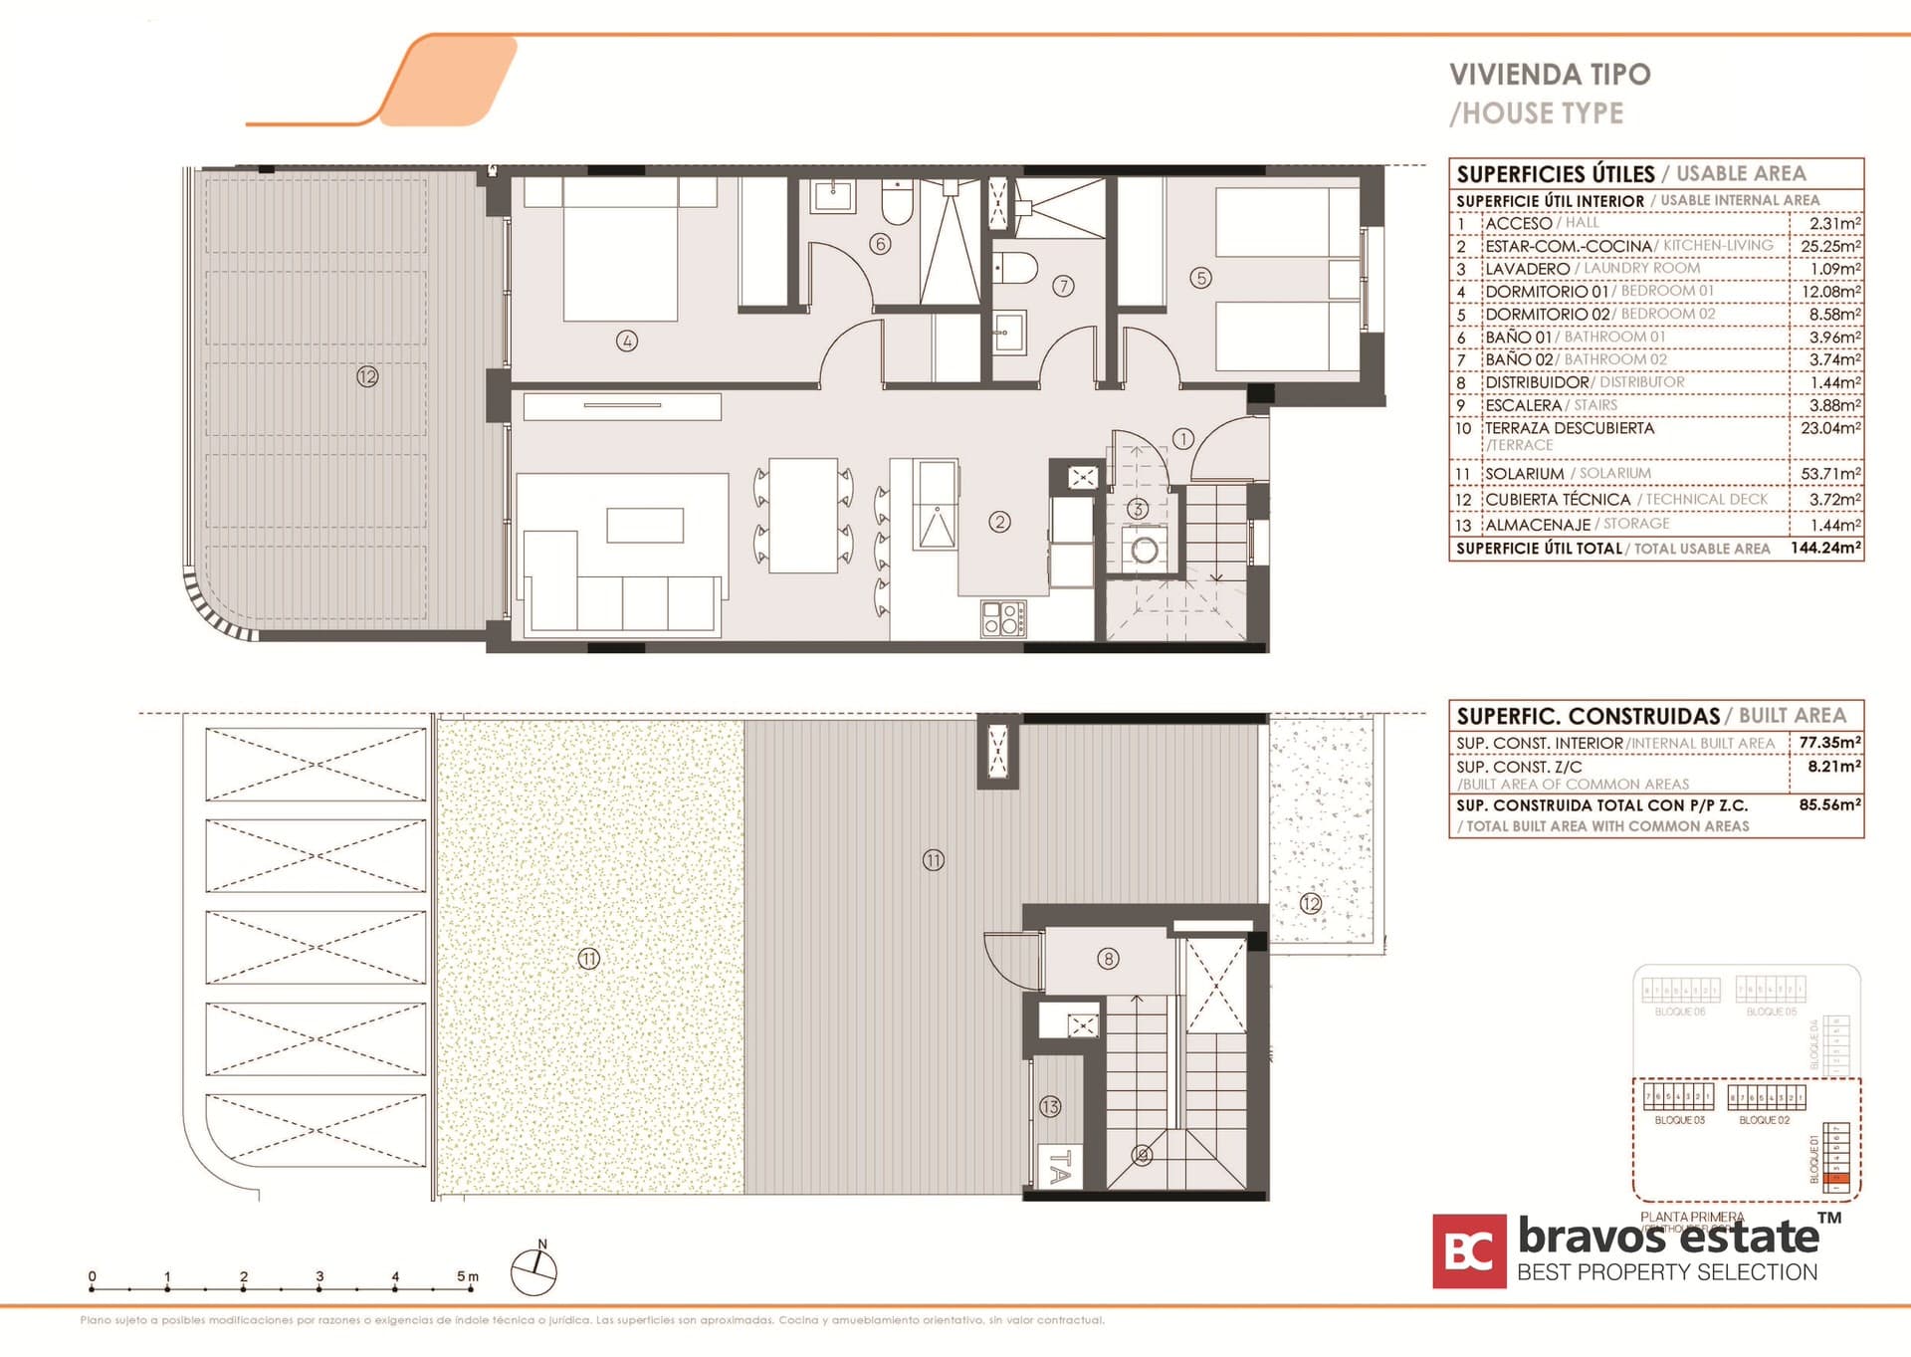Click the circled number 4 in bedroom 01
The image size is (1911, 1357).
626,341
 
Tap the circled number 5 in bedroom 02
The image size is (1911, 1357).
1200,279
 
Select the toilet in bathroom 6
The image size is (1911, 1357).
897,205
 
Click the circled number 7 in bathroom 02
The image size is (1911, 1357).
1063,287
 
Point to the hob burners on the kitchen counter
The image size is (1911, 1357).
1003,618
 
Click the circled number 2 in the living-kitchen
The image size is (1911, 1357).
999,522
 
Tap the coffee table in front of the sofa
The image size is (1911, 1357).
645,525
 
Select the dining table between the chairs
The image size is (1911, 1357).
802,515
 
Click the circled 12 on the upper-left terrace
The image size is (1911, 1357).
367,376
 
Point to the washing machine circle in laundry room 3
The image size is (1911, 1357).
1145,550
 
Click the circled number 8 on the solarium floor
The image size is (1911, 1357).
1108,959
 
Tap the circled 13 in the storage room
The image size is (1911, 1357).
1050,1106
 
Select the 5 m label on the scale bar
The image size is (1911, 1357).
467,1275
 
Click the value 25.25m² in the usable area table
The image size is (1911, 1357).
1829,246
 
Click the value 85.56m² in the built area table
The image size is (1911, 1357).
1828,804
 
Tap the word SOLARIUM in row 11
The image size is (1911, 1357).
1524,474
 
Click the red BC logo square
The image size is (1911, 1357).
1468,1251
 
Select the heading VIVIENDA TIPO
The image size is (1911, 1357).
1549,75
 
